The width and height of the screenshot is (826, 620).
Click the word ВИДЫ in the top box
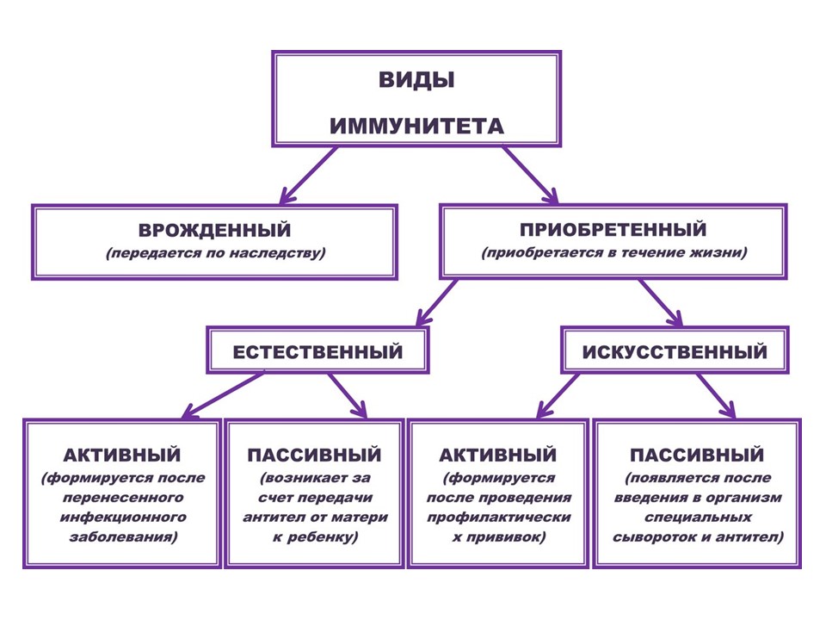(x=416, y=81)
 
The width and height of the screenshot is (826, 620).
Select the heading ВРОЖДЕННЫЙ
(x=214, y=231)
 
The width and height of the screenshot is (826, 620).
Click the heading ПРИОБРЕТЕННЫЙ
(x=613, y=230)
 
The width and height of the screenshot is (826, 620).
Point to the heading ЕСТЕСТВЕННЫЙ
(x=318, y=352)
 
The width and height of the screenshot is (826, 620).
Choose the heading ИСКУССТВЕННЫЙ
(x=675, y=352)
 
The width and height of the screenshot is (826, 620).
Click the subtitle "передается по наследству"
(x=214, y=255)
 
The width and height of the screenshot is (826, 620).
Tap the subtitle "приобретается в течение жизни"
(x=613, y=254)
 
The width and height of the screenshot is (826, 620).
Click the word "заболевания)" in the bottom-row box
(x=122, y=536)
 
